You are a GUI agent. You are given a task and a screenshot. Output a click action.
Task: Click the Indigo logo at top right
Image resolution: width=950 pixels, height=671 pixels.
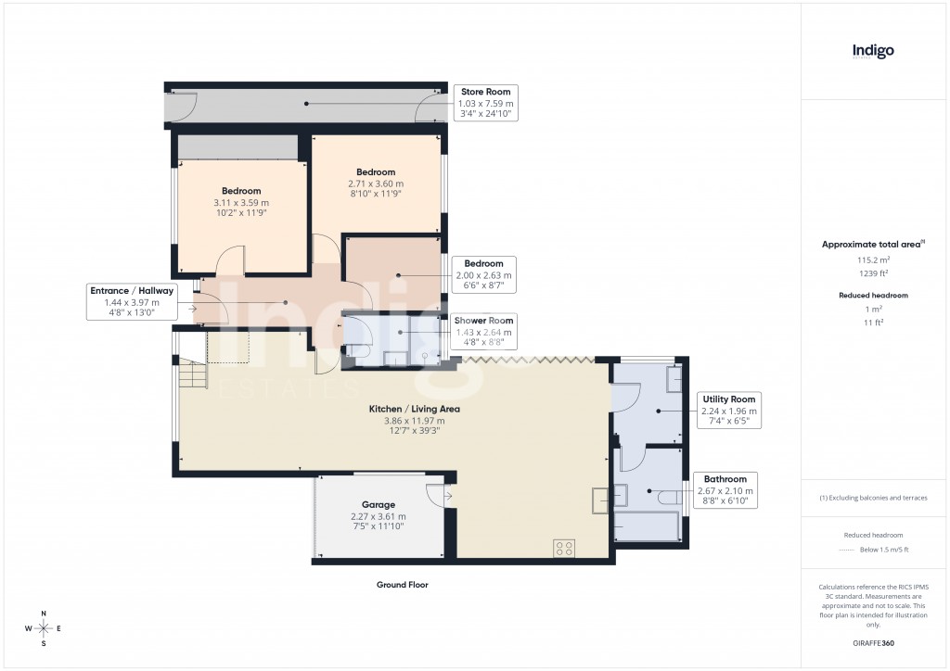tap(873, 51)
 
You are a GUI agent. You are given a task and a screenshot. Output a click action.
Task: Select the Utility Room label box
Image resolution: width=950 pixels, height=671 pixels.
tap(730, 411)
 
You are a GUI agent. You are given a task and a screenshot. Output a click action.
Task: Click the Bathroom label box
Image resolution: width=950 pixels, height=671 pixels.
tap(725, 490)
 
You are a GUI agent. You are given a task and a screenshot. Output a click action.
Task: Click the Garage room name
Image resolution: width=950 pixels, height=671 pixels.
tap(378, 505)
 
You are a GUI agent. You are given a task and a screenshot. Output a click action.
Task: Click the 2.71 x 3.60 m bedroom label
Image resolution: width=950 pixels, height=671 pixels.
tap(376, 172)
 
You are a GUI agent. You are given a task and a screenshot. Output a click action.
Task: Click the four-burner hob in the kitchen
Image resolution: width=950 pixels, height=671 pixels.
tap(565, 547)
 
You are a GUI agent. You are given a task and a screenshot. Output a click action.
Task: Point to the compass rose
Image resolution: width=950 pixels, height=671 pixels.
tap(43, 628)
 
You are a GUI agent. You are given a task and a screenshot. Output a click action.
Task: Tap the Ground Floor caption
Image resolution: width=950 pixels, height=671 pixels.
tap(402, 585)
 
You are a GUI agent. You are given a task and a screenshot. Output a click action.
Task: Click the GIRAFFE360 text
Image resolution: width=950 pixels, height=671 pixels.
tap(872, 642)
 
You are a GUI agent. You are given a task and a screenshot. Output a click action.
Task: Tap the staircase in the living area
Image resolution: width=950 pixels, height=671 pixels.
tap(193, 375)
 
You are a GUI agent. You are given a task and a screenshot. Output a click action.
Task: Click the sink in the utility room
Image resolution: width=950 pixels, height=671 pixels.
tap(674, 379)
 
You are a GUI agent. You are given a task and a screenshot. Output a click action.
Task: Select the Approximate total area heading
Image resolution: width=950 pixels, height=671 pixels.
tap(871, 244)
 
